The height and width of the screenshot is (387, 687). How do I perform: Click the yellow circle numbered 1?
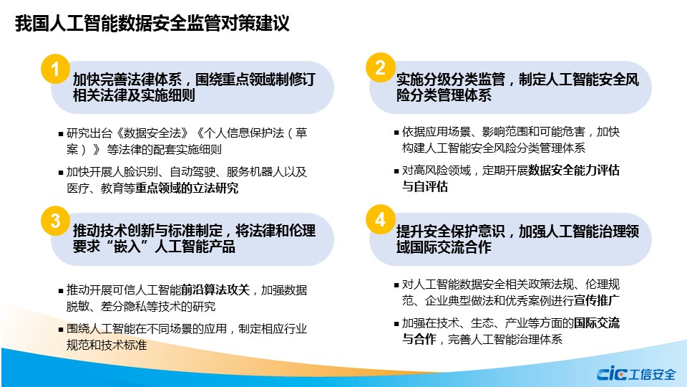click(55, 69)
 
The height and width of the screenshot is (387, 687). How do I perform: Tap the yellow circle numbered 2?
click(380, 67)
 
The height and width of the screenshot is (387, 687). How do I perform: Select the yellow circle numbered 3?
click(55, 221)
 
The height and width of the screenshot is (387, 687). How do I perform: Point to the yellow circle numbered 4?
click(380, 219)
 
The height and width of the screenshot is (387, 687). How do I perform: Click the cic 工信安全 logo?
click(636, 374)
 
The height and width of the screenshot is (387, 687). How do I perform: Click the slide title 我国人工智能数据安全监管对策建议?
click(152, 23)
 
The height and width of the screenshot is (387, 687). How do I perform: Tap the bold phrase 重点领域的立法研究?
click(187, 188)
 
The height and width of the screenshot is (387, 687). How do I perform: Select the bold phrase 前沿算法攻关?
click(215, 290)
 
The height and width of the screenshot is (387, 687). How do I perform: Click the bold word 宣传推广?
click(597, 300)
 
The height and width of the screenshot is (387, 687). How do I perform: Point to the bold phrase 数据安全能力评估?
click(574, 171)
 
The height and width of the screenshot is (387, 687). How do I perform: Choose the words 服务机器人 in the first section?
click(255, 171)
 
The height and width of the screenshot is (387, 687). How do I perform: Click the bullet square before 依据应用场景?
click(396, 132)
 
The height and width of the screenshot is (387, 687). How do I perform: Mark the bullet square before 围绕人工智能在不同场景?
click(61, 329)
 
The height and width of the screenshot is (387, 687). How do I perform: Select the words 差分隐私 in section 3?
click(124, 306)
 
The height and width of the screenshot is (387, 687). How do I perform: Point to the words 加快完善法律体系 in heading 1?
click(127, 80)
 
